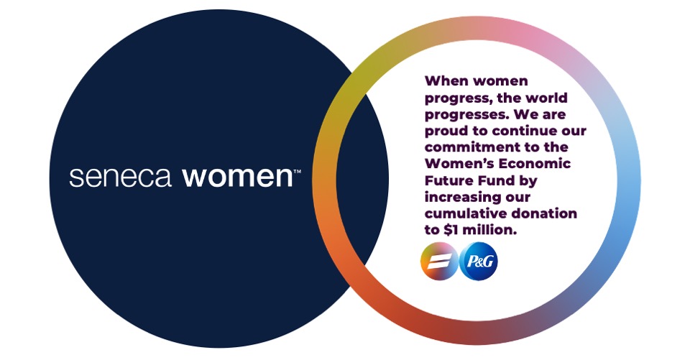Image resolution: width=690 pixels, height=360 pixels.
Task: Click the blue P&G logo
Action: [x=478, y=262]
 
